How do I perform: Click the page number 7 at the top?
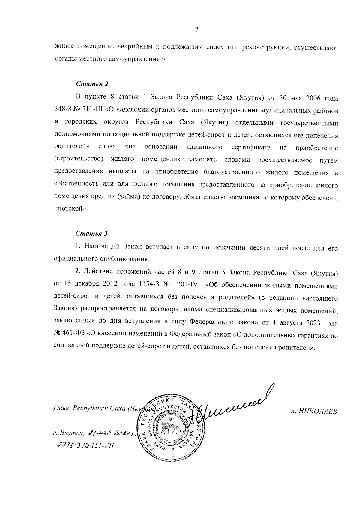pyautogui.click(x=196, y=29)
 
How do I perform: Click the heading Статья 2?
pyautogui.click(x=91, y=84)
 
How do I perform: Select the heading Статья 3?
pyautogui.click(x=91, y=234)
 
